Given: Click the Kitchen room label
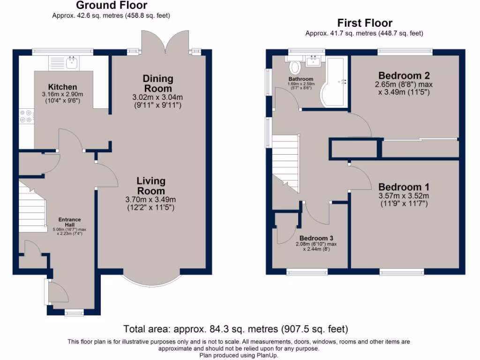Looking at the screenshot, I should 62,87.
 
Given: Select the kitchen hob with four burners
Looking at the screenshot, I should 26,116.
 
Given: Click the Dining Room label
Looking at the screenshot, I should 158,83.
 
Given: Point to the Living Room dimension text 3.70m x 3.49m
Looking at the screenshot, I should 150,199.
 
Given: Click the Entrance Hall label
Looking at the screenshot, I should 69,222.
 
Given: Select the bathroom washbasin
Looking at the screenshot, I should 314,61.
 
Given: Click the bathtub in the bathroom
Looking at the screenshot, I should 334,82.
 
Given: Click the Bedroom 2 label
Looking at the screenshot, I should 404,75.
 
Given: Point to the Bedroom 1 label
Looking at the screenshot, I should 404,187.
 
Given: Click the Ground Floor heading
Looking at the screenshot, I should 111,6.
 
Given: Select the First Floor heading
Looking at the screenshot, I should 365,23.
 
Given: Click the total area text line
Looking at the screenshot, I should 235,329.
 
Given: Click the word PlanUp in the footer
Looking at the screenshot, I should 269,355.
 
